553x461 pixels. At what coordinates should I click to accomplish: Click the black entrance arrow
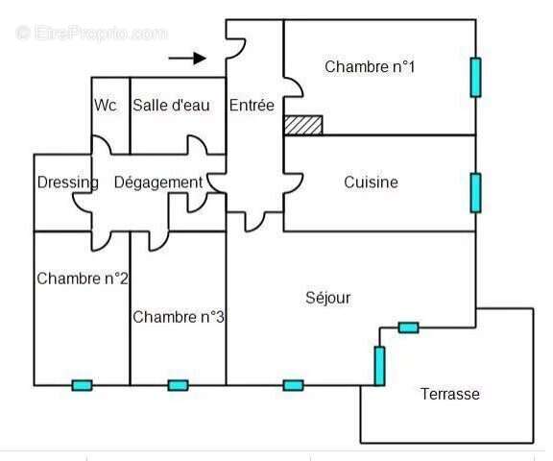coord(187,59)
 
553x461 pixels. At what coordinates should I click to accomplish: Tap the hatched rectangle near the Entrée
coord(303,125)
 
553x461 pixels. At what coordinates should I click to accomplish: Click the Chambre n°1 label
coord(370,66)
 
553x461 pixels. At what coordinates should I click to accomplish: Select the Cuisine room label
coord(371,182)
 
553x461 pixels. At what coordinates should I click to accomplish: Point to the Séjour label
coord(328,298)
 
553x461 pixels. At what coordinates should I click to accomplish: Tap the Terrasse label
coord(450,394)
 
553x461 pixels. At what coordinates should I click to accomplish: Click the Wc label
coord(105,105)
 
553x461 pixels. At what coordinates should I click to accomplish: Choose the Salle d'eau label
coord(171,105)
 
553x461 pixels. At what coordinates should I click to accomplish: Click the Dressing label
coord(68,182)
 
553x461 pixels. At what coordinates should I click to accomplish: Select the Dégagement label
coord(158,182)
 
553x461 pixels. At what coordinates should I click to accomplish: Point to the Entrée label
coord(252,105)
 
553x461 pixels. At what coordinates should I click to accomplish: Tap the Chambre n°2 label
coord(83,279)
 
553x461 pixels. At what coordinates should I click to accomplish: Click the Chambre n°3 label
coord(179,317)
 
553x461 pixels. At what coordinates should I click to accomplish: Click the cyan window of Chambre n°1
coord(476,77)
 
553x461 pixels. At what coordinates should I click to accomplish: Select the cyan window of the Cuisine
coord(476,193)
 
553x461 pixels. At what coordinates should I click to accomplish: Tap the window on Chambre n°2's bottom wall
coord(83,385)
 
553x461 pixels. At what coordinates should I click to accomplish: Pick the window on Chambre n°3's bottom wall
coord(179,385)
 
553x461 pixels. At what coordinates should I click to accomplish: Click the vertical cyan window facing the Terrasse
coord(379,366)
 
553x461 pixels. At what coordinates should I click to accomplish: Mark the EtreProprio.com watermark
coord(92,34)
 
